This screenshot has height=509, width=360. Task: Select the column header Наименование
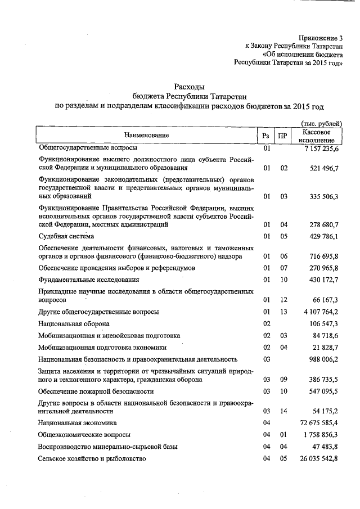pos(147,135)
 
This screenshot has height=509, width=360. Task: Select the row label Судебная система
pos(66,236)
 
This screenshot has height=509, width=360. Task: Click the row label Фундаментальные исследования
pos(88,280)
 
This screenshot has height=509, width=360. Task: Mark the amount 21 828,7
pos(325,347)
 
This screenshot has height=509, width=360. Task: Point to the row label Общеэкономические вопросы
pos(84,435)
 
